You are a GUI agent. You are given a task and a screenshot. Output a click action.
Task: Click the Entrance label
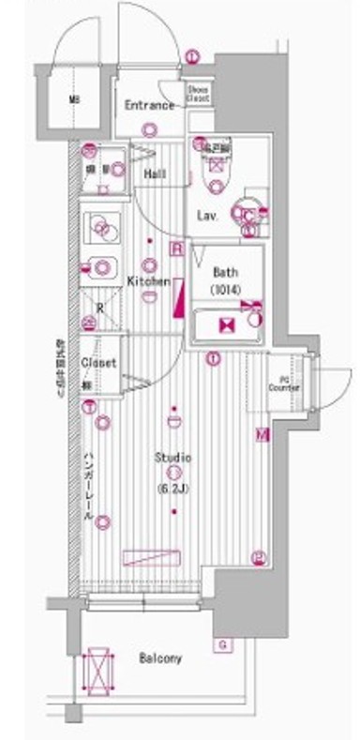tap(150, 105)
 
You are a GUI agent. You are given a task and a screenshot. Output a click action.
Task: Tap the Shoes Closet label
tap(197, 92)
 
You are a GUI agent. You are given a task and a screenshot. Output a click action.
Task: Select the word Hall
tap(156, 175)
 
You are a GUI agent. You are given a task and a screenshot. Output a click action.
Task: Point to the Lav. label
tap(207, 217)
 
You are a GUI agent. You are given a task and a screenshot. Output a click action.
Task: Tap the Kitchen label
tap(148, 281)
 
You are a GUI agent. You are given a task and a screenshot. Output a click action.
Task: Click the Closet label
tap(97, 362)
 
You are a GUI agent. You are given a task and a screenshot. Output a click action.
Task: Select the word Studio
tap(173, 458)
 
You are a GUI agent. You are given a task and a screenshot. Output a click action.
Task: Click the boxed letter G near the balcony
tap(223, 644)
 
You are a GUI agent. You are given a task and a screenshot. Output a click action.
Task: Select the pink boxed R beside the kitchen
tap(176, 249)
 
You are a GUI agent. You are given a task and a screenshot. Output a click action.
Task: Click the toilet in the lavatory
tap(215, 165)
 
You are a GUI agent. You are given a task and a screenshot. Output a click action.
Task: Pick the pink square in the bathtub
tap(225, 325)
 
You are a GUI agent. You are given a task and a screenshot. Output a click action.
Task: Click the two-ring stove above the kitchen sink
tap(100, 226)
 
